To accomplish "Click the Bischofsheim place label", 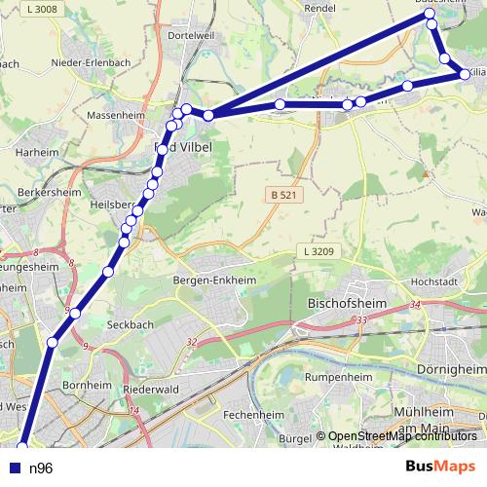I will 347,302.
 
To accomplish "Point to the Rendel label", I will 319,7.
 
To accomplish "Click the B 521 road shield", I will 281,196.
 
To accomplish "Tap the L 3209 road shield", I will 318,251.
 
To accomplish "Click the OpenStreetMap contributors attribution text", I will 402,436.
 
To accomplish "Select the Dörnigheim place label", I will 456,369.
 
